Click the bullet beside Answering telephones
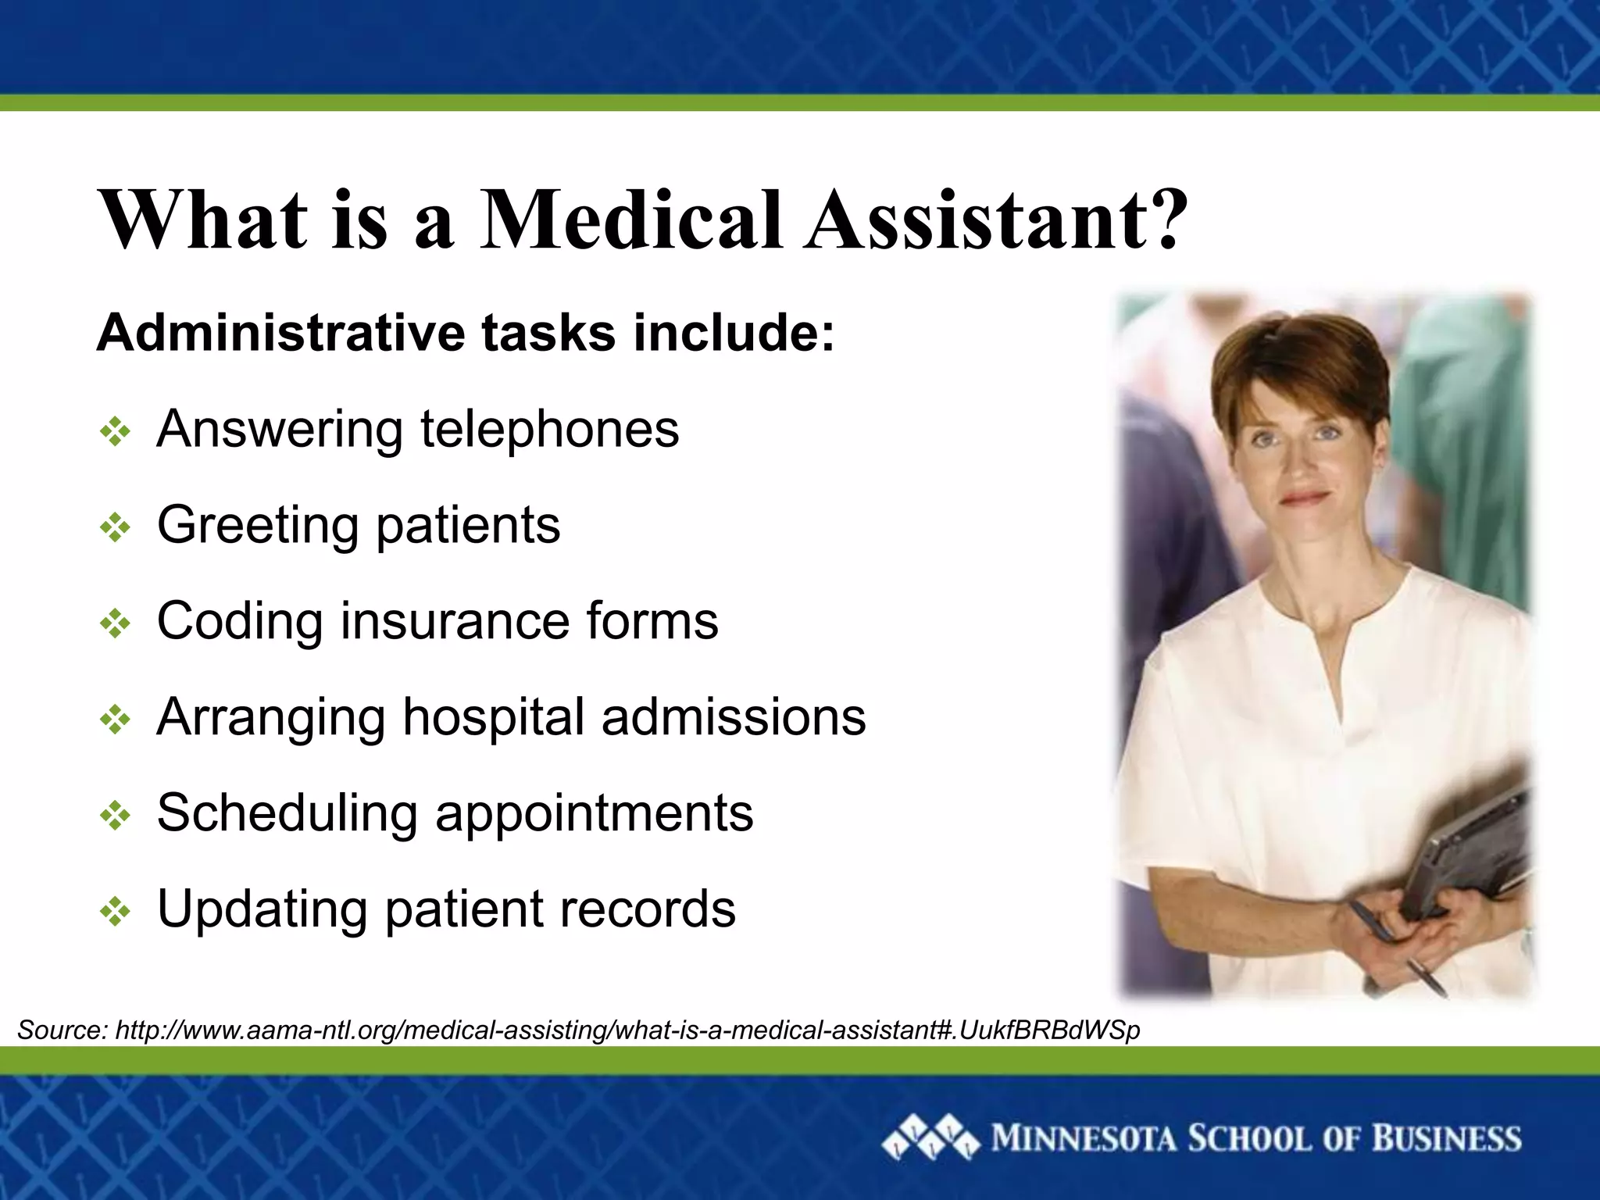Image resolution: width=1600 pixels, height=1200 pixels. [116, 431]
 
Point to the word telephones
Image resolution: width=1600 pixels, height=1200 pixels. [550, 430]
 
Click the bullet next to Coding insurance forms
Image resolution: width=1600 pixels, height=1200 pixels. [116, 623]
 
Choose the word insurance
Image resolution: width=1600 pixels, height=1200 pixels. [454, 621]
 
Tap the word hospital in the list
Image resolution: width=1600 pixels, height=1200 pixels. [493, 717]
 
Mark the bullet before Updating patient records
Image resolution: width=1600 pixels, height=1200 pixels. [116, 911]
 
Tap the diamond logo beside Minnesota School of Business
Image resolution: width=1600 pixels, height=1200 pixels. [930, 1138]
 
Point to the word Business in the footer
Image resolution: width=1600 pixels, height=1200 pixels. [1446, 1138]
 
